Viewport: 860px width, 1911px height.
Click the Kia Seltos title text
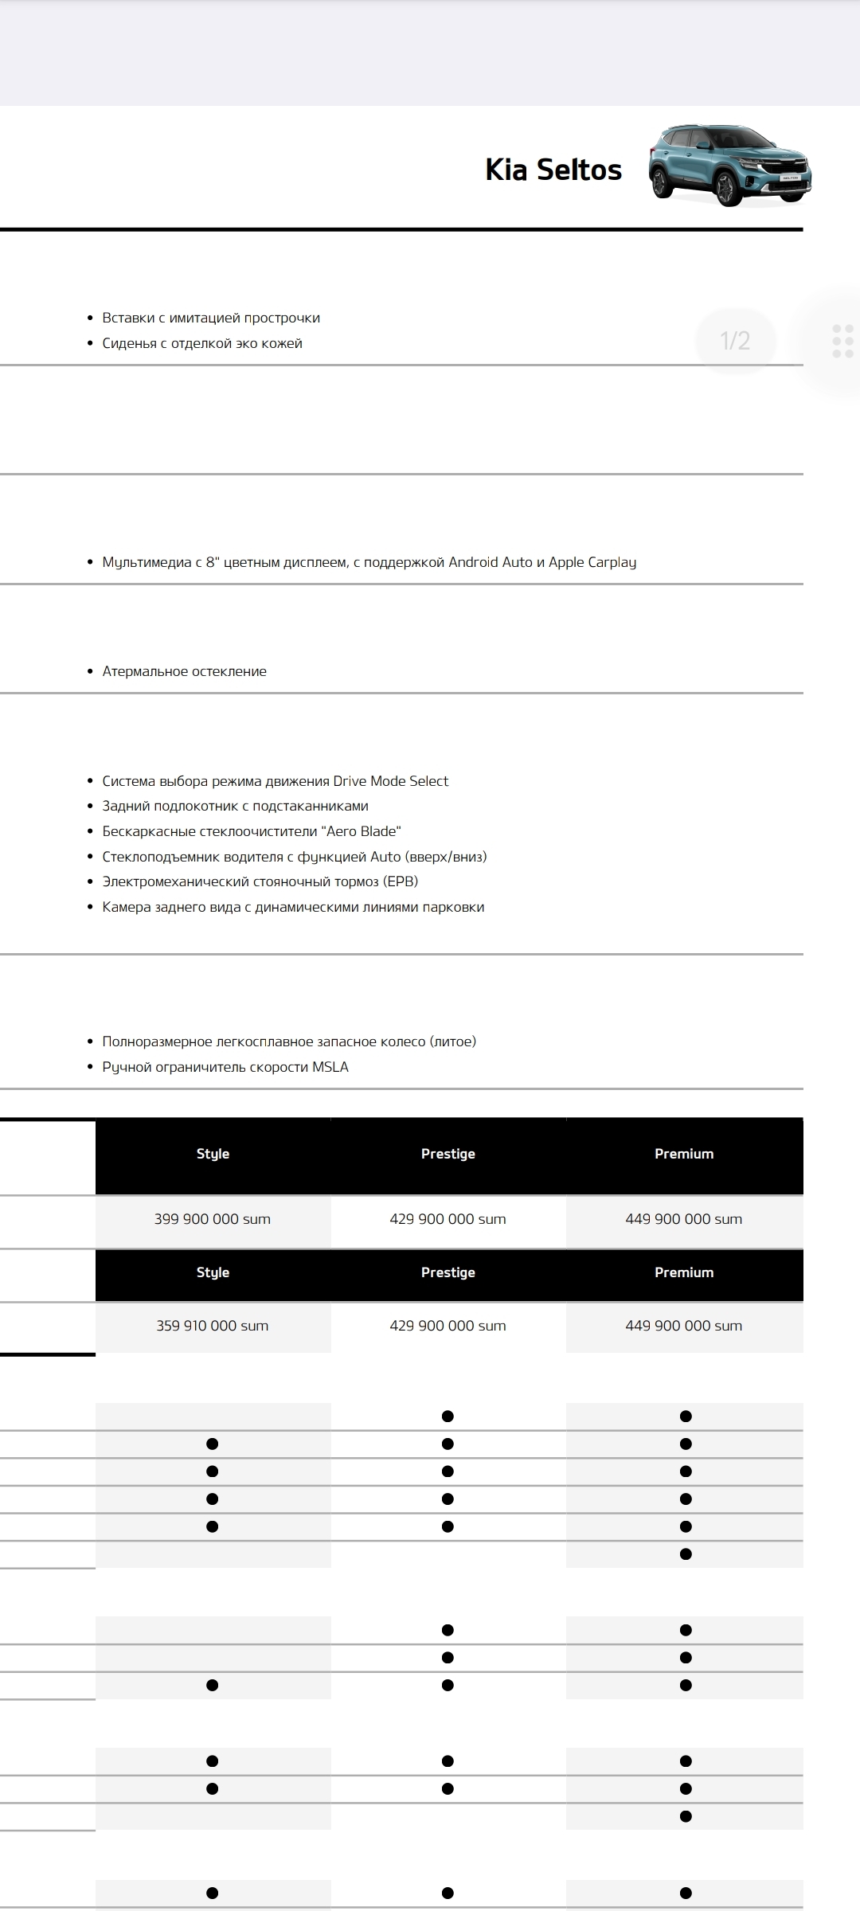(x=553, y=170)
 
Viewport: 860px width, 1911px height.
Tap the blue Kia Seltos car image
(x=729, y=166)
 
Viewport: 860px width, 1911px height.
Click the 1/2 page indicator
(x=735, y=341)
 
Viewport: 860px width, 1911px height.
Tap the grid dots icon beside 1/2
(x=842, y=341)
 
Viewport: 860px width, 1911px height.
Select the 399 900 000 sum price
(x=213, y=1219)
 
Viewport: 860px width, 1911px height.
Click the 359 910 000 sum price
(x=213, y=1326)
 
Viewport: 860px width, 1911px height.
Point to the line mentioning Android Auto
(x=369, y=562)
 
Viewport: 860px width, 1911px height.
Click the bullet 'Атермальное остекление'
(x=184, y=671)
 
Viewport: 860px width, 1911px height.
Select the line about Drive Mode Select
(x=275, y=781)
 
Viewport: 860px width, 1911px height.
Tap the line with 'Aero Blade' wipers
(x=252, y=831)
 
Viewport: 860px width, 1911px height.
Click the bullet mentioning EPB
(x=260, y=881)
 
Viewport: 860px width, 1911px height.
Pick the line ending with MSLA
(x=225, y=1067)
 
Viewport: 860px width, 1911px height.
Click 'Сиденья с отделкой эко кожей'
(x=202, y=343)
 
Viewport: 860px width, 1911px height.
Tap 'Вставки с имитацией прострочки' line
(x=211, y=318)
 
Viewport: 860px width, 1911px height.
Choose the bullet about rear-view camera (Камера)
(x=293, y=907)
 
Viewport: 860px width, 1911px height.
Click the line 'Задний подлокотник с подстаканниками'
(x=235, y=806)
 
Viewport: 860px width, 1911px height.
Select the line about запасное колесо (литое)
(x=289, y=1041)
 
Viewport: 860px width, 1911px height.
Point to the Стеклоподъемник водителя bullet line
(x=295, y=857)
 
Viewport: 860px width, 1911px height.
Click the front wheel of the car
(x=727, y=190)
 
